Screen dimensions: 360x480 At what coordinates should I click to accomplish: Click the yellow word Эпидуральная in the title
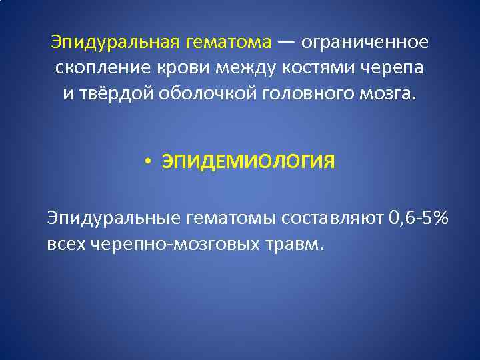click(113, 43)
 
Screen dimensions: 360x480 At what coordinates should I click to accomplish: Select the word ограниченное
click(365, 43)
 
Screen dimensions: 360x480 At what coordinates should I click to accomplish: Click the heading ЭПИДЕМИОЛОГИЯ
click(248, 162)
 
